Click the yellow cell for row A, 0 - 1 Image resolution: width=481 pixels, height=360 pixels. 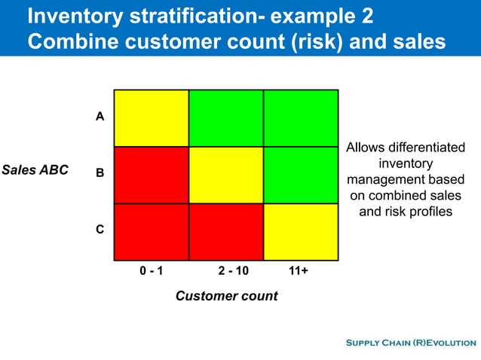tap(152, 118)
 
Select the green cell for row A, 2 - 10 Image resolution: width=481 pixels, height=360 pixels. tap(226, 118)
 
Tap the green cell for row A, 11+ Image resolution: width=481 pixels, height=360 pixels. tap(301, 118)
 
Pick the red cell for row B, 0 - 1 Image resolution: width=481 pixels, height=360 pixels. tap(152, 175)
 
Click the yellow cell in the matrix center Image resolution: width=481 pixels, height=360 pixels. tap(226, 175)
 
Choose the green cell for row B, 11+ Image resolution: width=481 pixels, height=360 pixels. tap(301, 175)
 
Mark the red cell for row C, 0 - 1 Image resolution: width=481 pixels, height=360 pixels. tap(152, 231)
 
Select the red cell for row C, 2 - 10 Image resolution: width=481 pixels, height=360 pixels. tap(226, 231)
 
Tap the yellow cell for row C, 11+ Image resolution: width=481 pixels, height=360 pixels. tap(301, 231)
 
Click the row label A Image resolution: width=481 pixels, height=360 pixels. tap(100, 117)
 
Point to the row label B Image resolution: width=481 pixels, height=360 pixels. tap(100, 173)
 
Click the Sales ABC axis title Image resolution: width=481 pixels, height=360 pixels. tap(35, 169)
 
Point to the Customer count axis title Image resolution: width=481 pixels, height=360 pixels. tap(226, 296)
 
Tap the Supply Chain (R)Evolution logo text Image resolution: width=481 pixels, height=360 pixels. tap(410, 343)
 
